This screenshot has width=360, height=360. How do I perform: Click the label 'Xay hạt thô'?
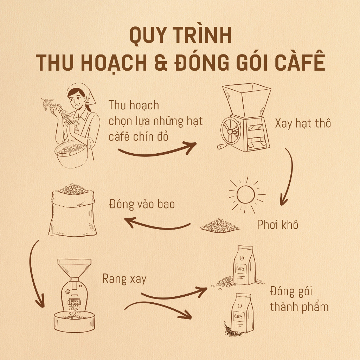[x=303, y=124]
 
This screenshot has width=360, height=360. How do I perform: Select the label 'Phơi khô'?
[x=278, y=224]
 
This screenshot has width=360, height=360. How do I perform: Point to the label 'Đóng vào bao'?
[x=142, y=204]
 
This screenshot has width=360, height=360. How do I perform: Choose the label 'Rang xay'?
[x=124, y=279]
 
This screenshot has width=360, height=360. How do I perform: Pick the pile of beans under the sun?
[x=219, y=225]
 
